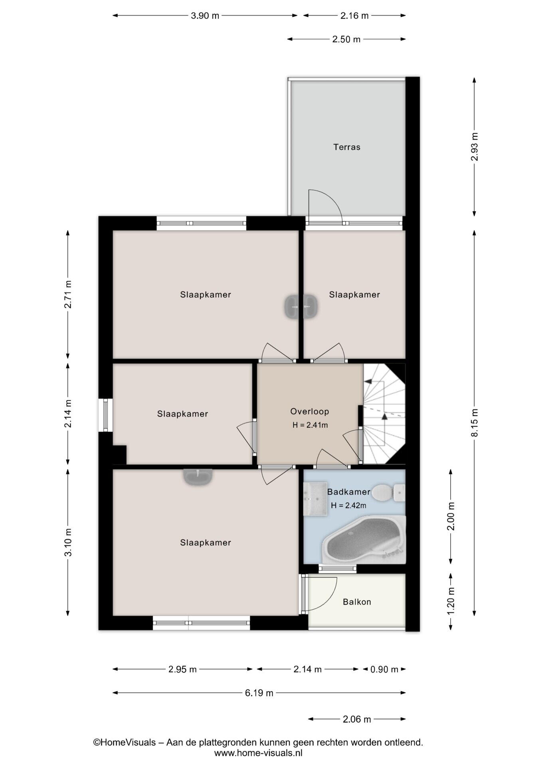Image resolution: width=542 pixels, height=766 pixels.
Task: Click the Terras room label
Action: [x=347, y=147]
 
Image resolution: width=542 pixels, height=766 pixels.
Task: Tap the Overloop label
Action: [x=310, y=411]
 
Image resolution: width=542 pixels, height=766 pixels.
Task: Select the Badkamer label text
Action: [x=348, y=492]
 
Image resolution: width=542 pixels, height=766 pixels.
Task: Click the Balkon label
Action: [x=357, y=602]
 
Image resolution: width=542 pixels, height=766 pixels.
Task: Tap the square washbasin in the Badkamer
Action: [x=315, y=499]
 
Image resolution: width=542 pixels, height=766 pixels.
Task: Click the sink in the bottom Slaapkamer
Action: [x=198, y=477]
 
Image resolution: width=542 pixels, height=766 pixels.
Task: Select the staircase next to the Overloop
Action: [x=384, y=414]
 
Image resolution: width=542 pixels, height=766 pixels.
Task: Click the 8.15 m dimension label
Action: [x=475, y=423]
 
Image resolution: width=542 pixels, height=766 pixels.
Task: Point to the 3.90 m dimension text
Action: [x=205, y=16]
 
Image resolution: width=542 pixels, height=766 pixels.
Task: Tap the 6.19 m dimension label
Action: [x=259, y=693]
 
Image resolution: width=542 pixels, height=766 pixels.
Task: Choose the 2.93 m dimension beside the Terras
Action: [x=475, y=146]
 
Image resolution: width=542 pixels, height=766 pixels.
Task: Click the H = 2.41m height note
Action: [x=310, y=425]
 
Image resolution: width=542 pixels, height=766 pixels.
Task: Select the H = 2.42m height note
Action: [x=348, y=506]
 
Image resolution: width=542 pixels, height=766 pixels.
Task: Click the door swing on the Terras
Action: [x=325, y=206]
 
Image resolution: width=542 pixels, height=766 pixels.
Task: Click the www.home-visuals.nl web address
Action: [x=258, y=753]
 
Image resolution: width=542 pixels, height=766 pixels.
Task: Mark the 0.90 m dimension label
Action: [x=384, y=669]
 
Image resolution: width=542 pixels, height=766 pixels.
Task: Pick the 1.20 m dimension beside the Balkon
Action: [x=451, y=602]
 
